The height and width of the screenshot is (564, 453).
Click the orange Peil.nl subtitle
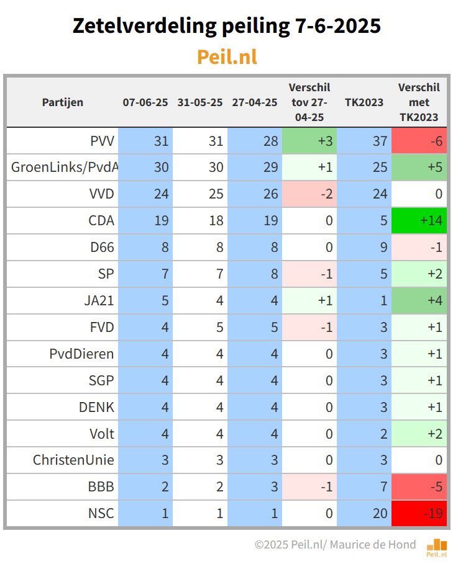tap(227, 56)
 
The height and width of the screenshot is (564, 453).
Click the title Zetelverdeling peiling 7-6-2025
tap(227, 25)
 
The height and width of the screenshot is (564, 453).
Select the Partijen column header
tap(62, 102)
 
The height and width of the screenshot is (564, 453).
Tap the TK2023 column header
tap(364, 102)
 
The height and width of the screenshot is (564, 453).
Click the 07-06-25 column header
tap(145, 102)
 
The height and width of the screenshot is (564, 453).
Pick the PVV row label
tap(102, 141)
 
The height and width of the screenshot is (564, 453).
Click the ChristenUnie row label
tap(73, 460)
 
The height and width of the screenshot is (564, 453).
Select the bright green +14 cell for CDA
tap(419, 221)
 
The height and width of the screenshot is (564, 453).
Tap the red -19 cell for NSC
tap(419, 514)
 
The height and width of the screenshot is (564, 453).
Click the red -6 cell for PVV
tap(419, 141)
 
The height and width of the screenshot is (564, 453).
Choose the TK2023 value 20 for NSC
tap(364, 514)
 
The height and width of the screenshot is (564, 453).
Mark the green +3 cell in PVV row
tap(309, 141)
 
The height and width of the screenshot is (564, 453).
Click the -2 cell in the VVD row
tap(309, 194)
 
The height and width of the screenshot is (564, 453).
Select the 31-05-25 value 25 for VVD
tap(200, 194)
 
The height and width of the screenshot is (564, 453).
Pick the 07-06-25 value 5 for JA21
tap(145, 301)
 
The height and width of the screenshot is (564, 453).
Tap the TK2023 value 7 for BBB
tap(364, 487)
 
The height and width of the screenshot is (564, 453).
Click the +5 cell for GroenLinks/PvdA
tap(419, 168)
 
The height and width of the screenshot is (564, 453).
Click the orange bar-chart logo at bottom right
tap(436, 546)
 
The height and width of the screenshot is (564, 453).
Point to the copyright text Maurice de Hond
tap(373, 545)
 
